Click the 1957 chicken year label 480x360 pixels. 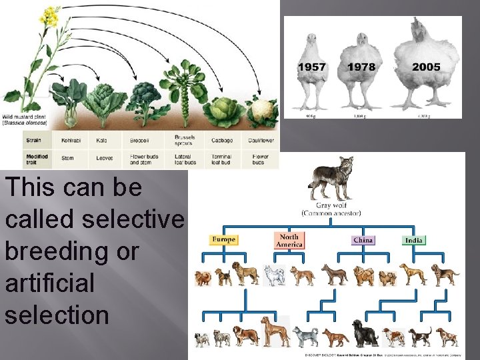[x=312, y=67]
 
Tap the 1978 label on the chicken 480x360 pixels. [x=361, y=67]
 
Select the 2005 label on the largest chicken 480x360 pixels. [x=426, y=67]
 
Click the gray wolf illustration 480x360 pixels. [x=331, y=178]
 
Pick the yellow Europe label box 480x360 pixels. [x=223, y=239]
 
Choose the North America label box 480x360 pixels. [x=289, y=240]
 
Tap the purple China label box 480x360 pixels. [x=363, y=240]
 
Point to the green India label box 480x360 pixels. [x=414, y=240]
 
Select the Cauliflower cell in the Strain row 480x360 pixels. [x=261, y=141]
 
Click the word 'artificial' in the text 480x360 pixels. [x=51, y=283]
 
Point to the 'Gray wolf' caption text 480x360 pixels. [x=332, y=206]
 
